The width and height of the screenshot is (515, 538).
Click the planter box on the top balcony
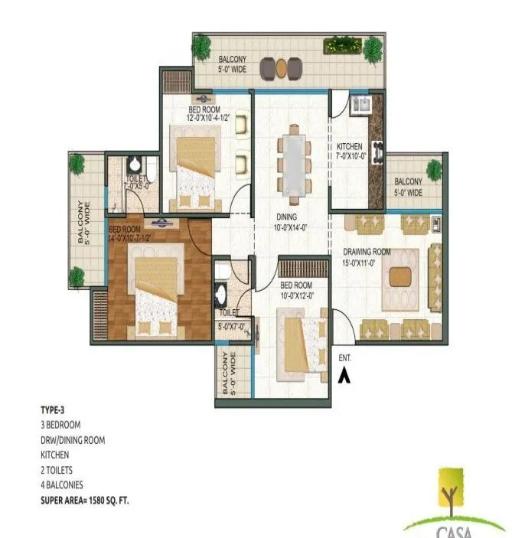click(341, 45)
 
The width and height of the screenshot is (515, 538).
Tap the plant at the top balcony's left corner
click(202, 47)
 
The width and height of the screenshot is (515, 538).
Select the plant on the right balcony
click(434, 170)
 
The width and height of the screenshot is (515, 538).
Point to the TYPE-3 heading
click(54, 410)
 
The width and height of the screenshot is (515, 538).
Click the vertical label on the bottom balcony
click(225, 375)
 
